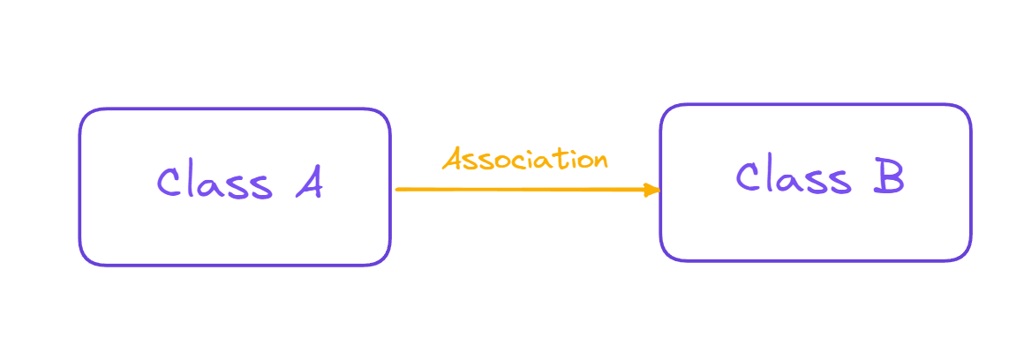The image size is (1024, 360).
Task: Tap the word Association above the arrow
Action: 525,160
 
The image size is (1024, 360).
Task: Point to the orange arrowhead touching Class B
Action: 653,190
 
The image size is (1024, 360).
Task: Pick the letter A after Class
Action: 308,184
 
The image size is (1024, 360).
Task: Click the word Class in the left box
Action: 214,184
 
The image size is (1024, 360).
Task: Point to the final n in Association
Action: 600,161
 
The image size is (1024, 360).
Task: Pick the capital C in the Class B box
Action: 749,177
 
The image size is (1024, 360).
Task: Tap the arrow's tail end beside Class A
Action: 399,189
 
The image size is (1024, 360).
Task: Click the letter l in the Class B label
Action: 774,176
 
